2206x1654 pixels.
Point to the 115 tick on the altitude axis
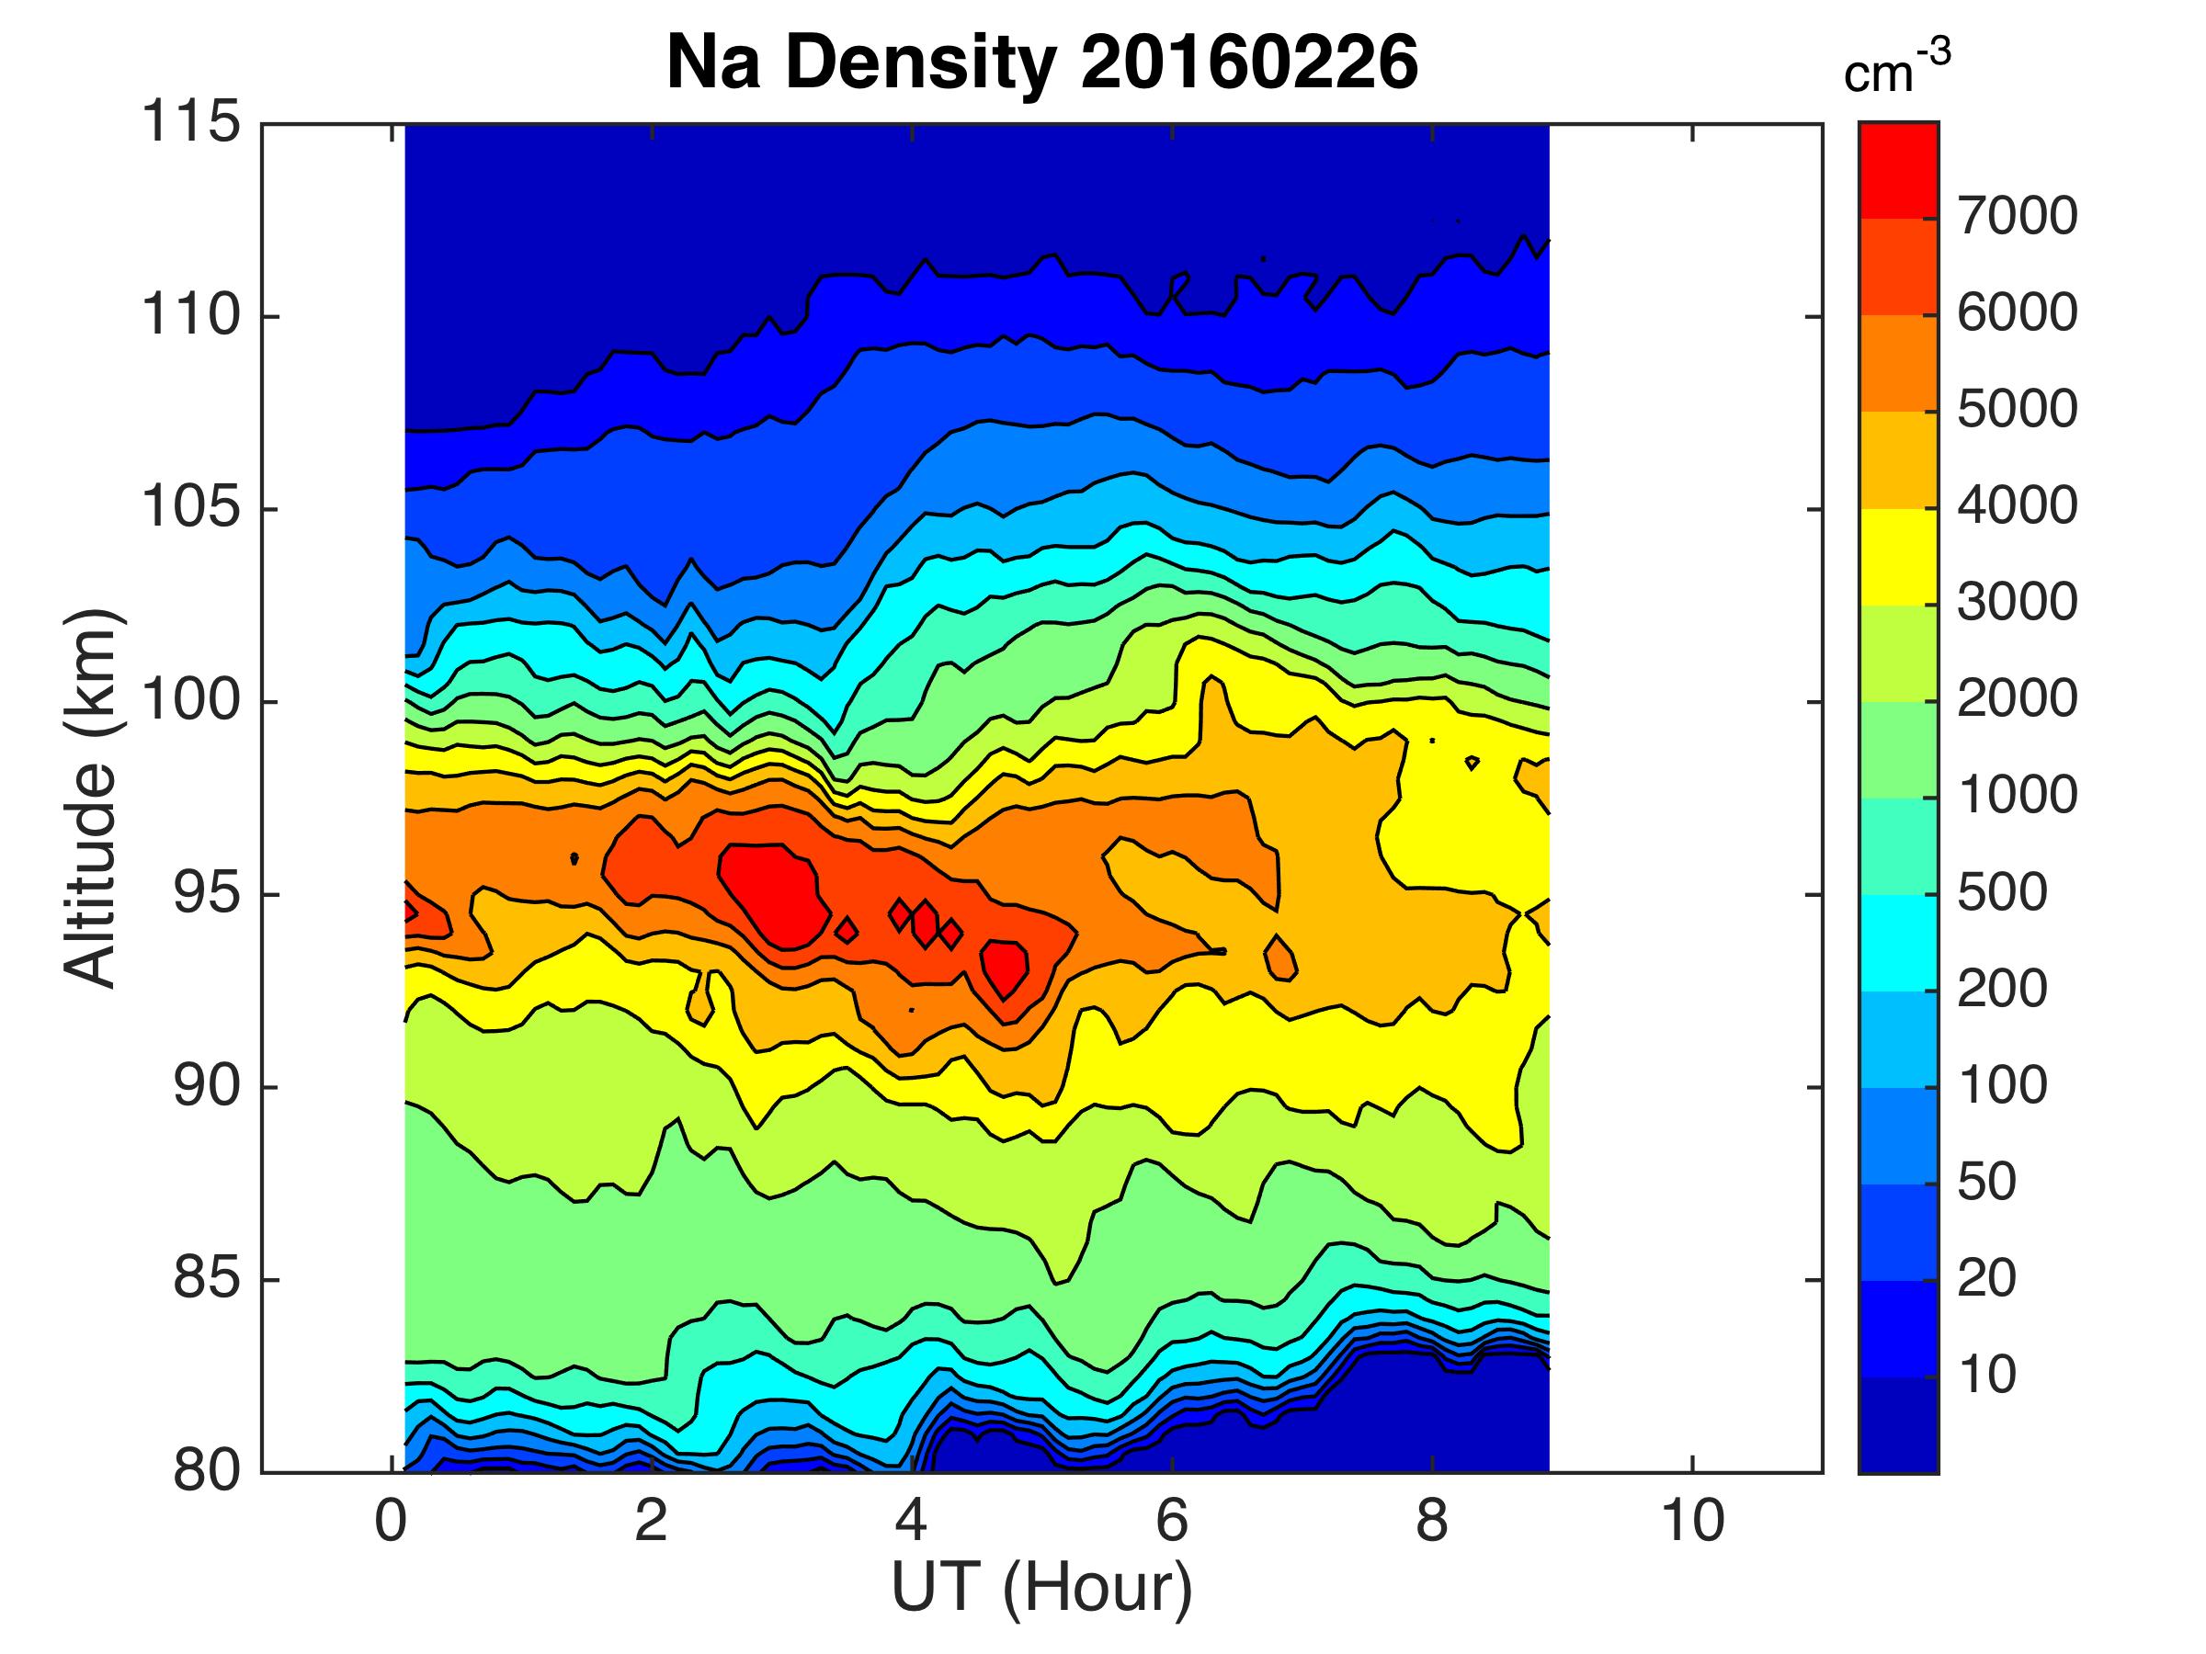click(x=190, y=124)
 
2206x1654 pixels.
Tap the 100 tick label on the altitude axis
click(x=190, y=701)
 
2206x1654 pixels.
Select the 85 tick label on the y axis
click(x=207, y=1279)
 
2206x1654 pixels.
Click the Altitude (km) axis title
click(x=92, y=798)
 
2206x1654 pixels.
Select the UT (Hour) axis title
click(x=1041, y=1588)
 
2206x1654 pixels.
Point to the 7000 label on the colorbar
click(x=2017, y=216)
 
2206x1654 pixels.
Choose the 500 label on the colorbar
click(x=2002, y=893)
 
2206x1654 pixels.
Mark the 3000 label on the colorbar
click(x=2017, y=603)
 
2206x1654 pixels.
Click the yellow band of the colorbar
click(x=1898, y=556)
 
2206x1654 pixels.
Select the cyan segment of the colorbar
click(x=1898, y=942)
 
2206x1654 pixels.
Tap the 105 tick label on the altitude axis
click(x=190, y=508)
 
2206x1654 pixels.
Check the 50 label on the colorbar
click(x=1986, y=1183)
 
